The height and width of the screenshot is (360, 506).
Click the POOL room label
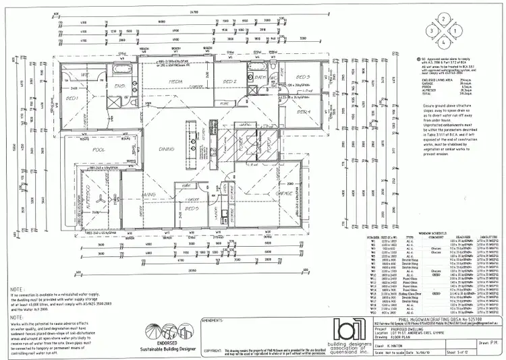(x=99, y=149)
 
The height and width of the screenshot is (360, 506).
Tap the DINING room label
(x=167, y=148)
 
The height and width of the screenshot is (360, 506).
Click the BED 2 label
(x=230, y=82)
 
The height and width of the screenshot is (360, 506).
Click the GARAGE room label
(x=283, y=194)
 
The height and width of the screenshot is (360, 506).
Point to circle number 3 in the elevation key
(x=430, y=31)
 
